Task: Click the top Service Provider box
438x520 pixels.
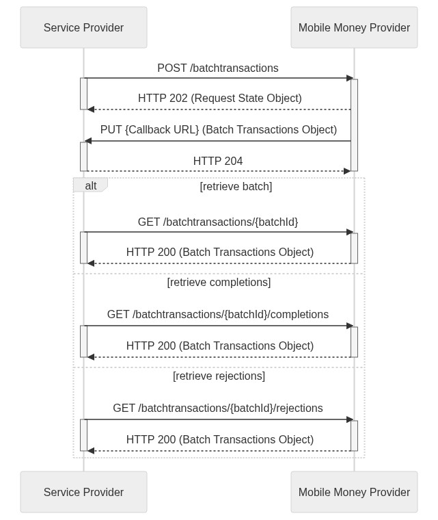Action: pyautogui.click(x=83, y=27)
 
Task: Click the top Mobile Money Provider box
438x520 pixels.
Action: pyautogui.click(x=354, y=27)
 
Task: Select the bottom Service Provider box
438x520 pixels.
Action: pyautogui.click(x=83, y=492)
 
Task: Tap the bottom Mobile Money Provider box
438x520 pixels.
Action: pyautogui.click(x=354, y=492)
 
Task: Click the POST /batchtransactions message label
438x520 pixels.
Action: pyautogui.click(x=218, y=68)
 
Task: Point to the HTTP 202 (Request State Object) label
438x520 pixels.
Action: pyautogui.click(x=219, y=98)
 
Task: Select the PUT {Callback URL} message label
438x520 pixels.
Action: pyautogui.click(x=219, y=129)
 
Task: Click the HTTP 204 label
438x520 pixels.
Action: pyautogui.click(x=218, y=161)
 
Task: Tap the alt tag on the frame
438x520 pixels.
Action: pyautogui.click(x=90, y=185)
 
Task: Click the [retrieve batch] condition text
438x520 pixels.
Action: pyautogui.click(x=236, y=186)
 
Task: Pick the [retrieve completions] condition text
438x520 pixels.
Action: pyautogui.click(x=219, y=282)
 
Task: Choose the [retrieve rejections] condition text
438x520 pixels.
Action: pyautogui.click(x=219, y=376)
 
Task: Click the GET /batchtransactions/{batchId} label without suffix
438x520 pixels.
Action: pyautogui.click(x=218, y=222)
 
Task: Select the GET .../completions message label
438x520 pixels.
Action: pyautogui.click(x=218, y=314)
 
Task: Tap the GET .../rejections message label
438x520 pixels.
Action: pyautogui.click(x=218, y=408)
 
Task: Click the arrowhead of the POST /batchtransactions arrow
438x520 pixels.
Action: pyautogui.click(x=349, y=78)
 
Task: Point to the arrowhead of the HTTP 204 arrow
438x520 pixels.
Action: pyautogui.click(x=347, y=171)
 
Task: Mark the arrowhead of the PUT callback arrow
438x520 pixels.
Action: pyautogui.click(x=88, y=141)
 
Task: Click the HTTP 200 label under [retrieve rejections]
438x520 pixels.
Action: pyautogui.click(x=219, y=439)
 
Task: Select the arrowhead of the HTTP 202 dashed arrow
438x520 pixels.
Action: pyautogui.click(x=91, y=109)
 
